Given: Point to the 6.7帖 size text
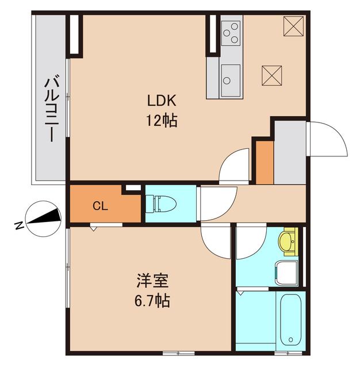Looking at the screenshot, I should (x=152, y=301).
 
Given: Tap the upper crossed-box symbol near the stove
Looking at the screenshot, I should (x=293, y=25).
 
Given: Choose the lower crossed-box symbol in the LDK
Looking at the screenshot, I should (x=271, y=75).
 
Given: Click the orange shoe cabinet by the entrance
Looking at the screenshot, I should (x=265, y=162).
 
